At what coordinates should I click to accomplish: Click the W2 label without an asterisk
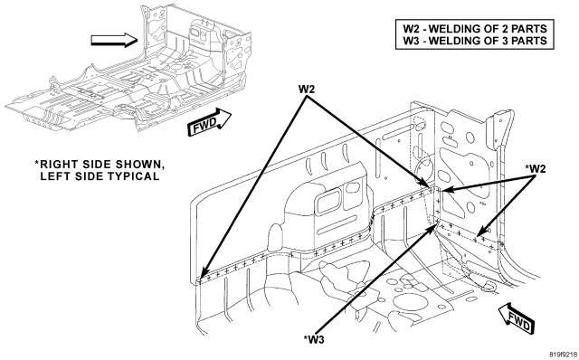point(307,90)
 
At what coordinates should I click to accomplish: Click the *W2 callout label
point(535,169)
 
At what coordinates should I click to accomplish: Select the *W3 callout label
point(314,339)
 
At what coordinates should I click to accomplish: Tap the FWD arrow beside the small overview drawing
point(209,122)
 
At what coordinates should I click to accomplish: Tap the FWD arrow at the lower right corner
point(517,317)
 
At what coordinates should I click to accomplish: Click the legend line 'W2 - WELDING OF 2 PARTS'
point(475,28)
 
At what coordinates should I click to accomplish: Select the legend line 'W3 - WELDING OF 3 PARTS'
point(475,40)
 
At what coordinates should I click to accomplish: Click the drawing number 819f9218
point(563,355)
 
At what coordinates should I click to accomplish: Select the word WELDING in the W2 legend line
point(454,28)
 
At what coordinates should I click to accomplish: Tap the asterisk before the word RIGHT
point(36,163)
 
